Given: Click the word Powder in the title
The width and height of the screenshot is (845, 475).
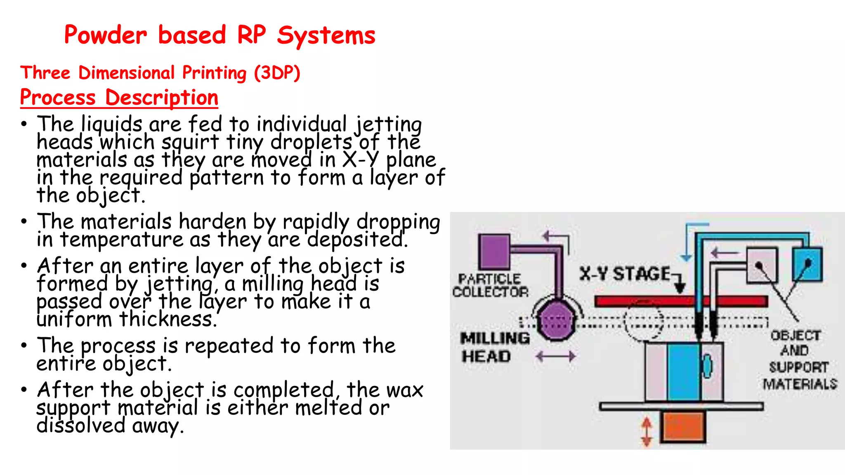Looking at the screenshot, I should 105,35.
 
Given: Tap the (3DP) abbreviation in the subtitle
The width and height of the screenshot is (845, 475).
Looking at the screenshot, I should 277,73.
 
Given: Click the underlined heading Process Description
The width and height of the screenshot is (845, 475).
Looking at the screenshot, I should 119,98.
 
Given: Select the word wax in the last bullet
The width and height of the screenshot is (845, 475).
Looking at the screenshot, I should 405,390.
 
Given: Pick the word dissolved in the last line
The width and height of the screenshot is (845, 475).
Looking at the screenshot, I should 80,426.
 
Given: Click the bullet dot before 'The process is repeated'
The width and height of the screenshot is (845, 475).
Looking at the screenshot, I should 24,345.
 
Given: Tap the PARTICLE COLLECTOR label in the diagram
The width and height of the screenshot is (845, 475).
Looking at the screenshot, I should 490,285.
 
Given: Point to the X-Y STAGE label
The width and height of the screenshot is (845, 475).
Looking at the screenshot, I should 625,274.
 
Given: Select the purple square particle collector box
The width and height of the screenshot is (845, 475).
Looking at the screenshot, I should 494,251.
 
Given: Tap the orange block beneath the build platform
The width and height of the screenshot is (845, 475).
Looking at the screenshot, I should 683,427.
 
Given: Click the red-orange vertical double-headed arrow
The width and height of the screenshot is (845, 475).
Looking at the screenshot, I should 647,432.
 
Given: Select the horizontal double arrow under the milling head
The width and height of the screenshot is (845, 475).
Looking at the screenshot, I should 555,356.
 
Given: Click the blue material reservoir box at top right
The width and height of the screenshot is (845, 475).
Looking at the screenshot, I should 807,264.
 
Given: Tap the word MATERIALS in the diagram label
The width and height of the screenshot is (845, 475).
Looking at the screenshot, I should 800,384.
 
